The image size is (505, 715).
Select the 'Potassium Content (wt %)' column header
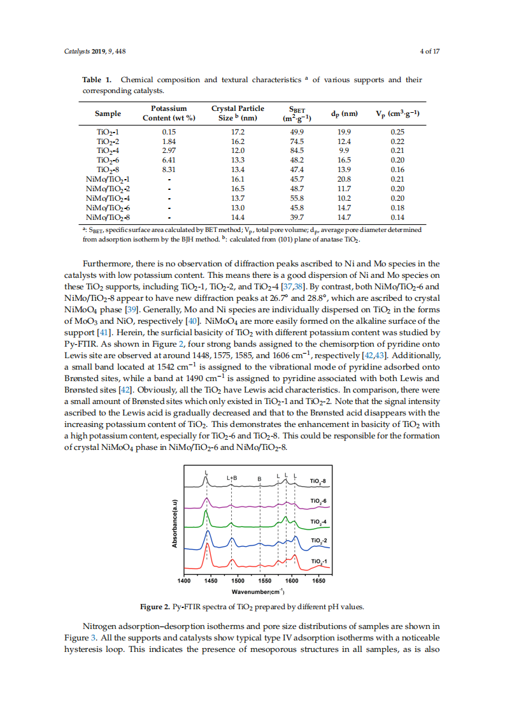tap(169, 113)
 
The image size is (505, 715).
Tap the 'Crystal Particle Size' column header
tap(238, 113)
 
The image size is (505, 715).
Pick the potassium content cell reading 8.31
tap(169, 170)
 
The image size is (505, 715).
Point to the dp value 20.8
tap(344, 180)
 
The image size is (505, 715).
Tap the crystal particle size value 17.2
tap(238, 132)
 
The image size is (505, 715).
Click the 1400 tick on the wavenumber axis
tap(183, 581)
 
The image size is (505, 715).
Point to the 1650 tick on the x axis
tap(319, 581)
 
